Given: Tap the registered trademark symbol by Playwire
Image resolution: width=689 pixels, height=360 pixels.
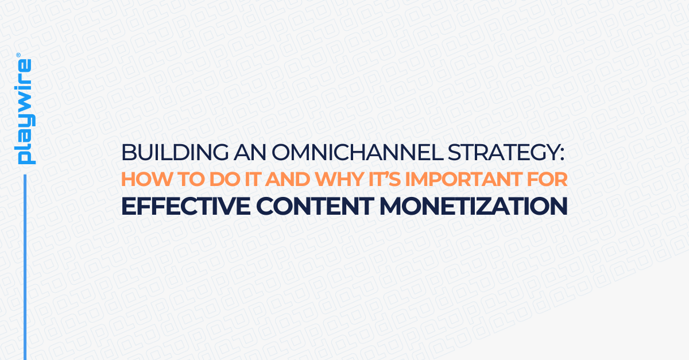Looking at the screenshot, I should (x=18, y=56).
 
